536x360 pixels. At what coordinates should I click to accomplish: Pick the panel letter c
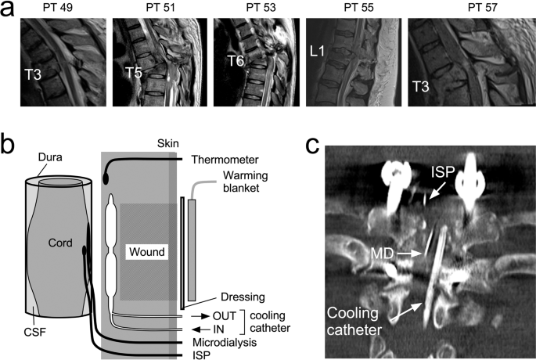(312, 146)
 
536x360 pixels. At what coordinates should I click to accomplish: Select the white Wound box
(147, 253)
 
